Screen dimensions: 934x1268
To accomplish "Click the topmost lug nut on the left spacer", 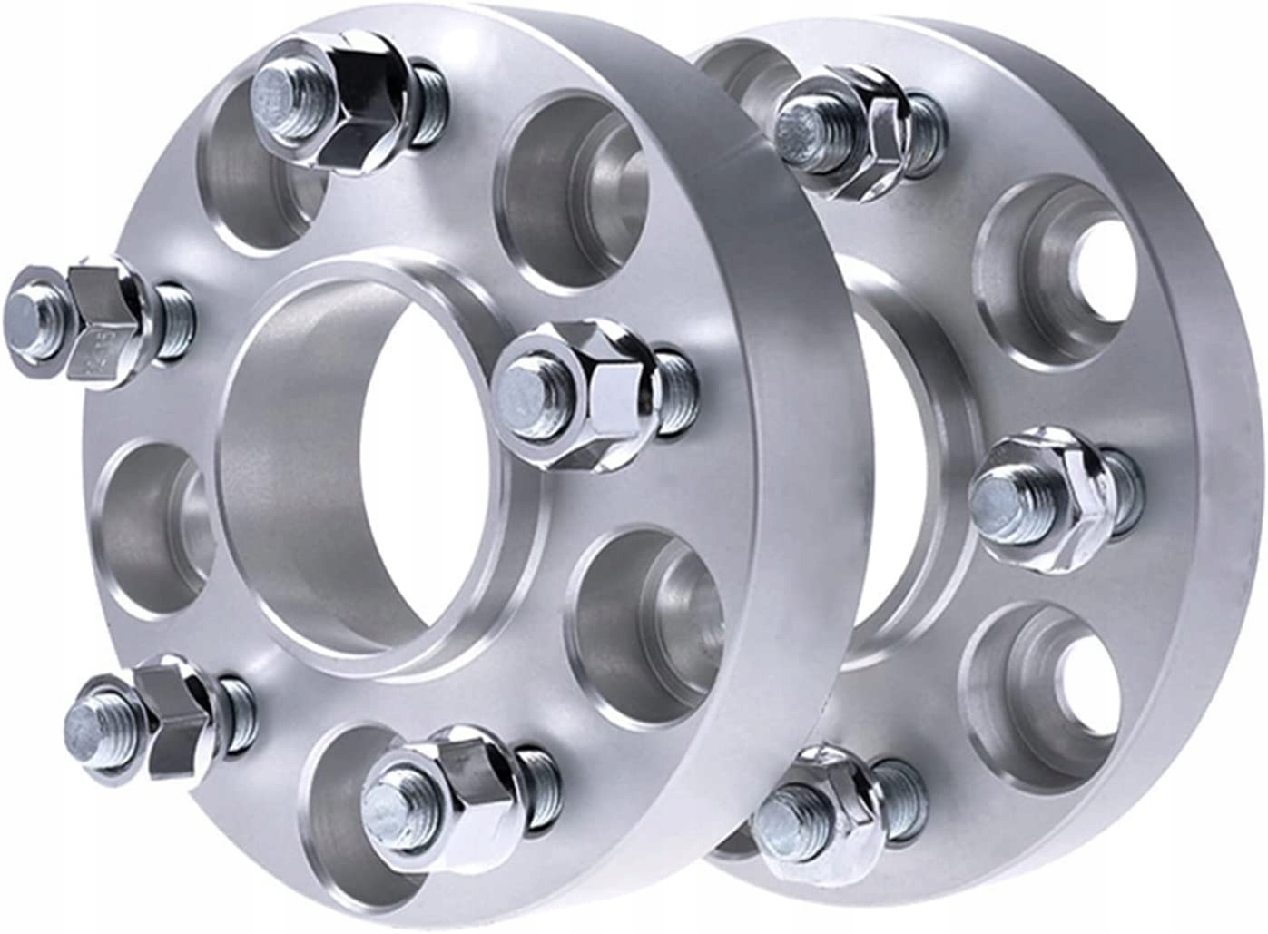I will click(x=349, y=100).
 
